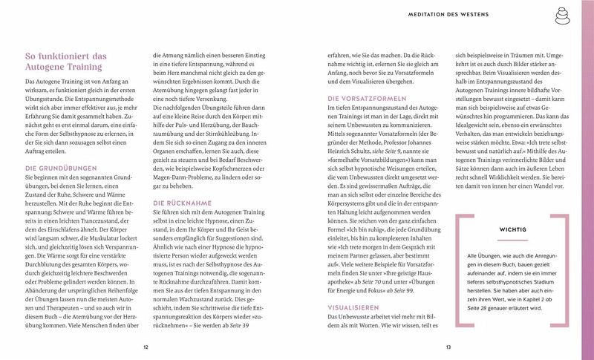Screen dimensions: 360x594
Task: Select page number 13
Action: click(448, 347)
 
